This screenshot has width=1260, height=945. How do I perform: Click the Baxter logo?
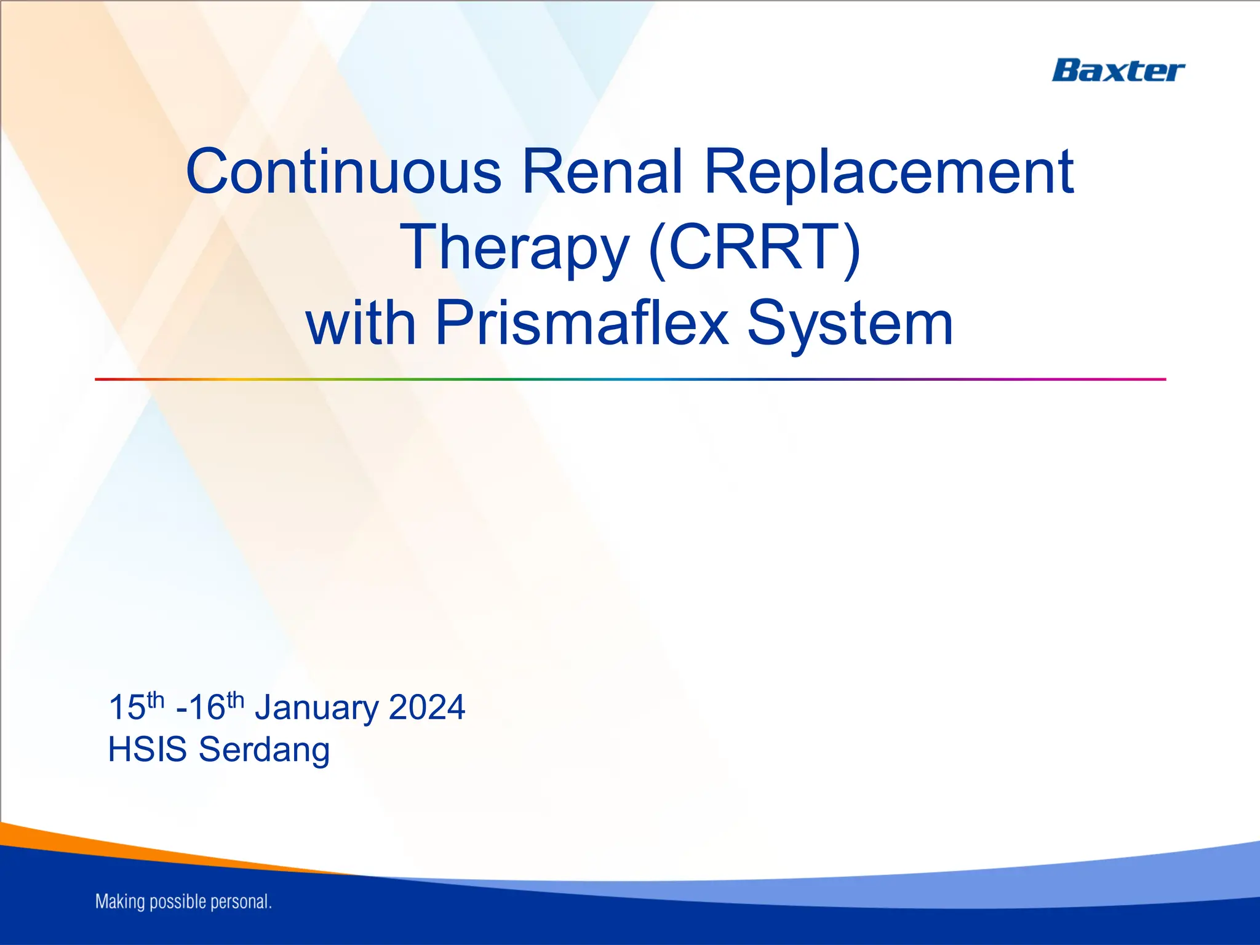tap(1117, 71)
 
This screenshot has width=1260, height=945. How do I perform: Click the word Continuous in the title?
tap(343, 172)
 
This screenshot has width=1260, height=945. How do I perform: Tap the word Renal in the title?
tap(603, 172)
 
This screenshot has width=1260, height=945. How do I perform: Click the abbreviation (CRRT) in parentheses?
tap(754, 247)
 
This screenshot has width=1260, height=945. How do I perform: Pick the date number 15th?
tap(136, 706)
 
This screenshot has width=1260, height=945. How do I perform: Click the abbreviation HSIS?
tap(147, 749)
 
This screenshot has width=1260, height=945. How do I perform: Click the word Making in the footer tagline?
tap(121, 902)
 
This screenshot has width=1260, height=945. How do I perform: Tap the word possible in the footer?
tap(178, 903)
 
